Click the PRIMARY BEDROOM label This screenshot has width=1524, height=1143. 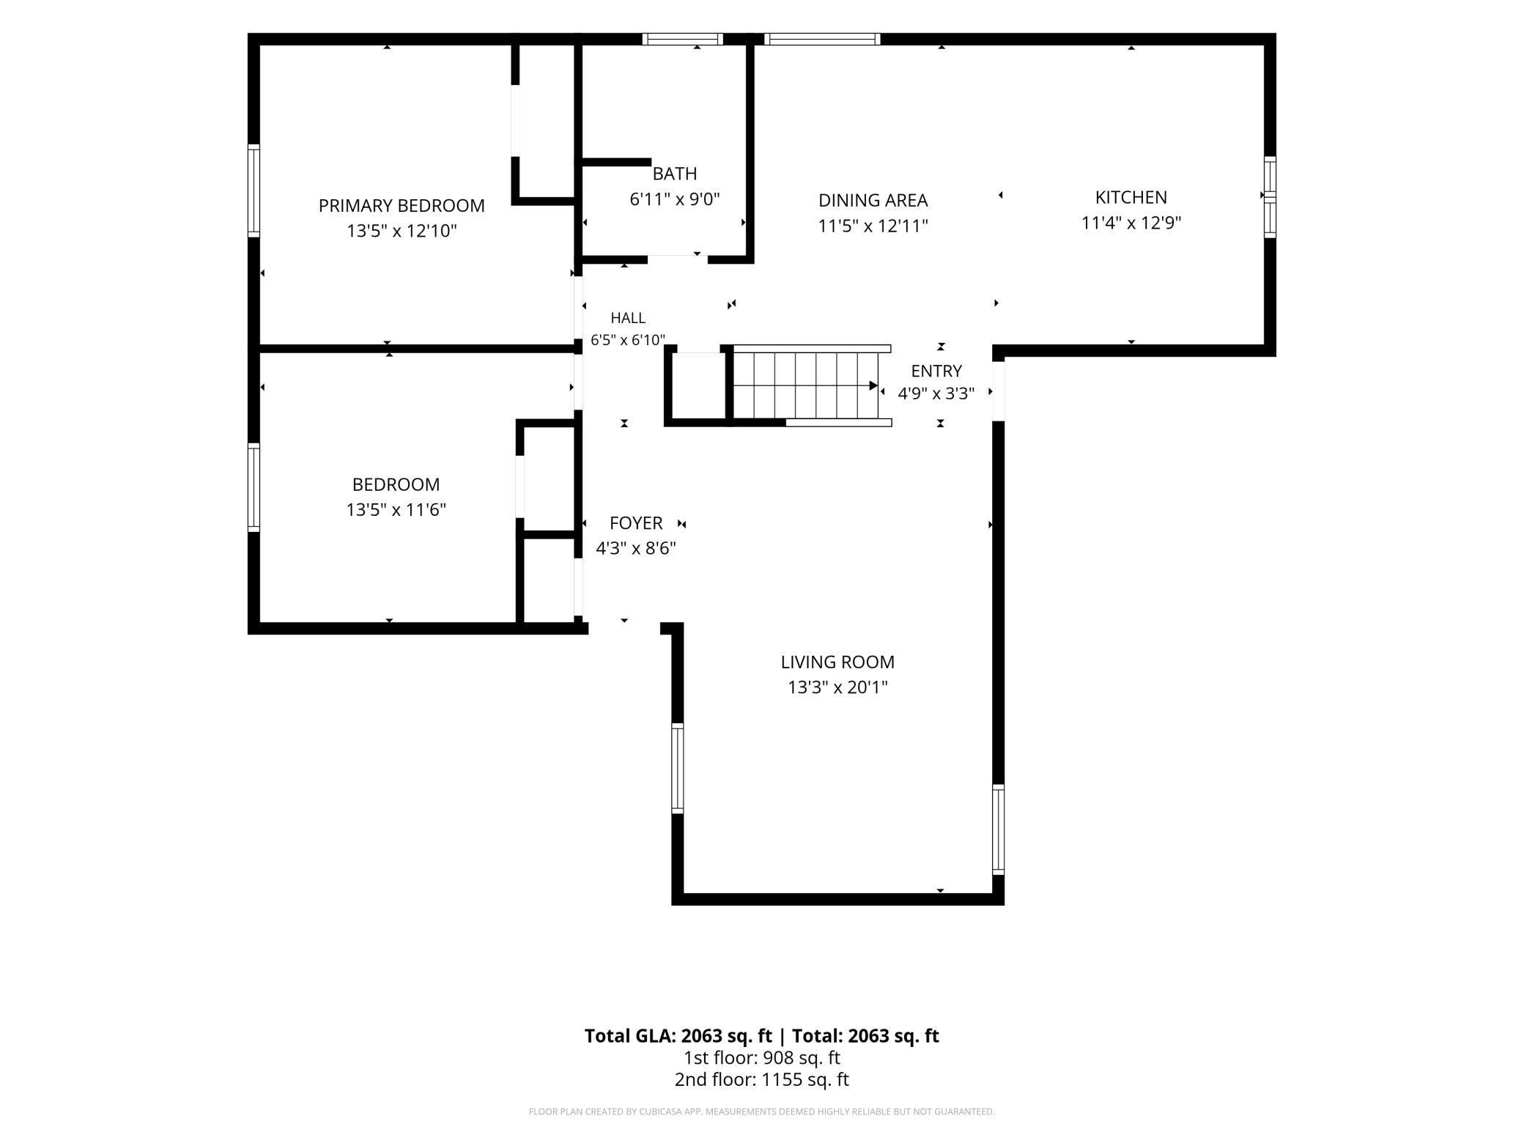tap(402, 206)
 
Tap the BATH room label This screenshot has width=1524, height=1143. tap(675, 174)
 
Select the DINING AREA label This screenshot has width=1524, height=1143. tap(873, 200)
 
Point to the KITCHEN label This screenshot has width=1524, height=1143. tap(1131, 197)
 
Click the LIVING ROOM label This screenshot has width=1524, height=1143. tap(837, 662)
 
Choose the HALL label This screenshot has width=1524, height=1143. tap(628, 318)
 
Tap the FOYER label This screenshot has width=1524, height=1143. tap(636, 523)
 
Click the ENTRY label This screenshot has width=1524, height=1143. tap(936, 371)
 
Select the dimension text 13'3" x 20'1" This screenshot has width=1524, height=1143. tap(837, 687)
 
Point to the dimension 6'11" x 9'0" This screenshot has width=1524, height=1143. tap(675, 199)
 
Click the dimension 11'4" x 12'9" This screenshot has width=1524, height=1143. tap(1131, 223)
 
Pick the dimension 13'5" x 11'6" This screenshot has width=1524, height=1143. tap(396, 509)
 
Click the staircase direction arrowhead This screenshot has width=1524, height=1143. tap(873, 385)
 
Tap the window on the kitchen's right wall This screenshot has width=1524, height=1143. tap(1270, 197)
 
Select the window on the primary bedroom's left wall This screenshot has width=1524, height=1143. tap(254, 190)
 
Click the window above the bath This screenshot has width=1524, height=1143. tap(683, 39)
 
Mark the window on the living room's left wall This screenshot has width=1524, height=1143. tap(678, 768)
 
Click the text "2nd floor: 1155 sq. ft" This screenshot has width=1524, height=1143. tap(762, 1079)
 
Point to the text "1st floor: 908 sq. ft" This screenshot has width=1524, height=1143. tap(762, 1057)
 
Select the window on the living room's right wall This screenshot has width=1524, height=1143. tap(998, 829)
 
